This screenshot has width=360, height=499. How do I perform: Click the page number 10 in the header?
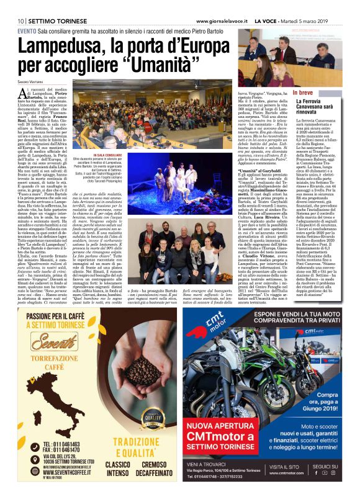coord(20,20)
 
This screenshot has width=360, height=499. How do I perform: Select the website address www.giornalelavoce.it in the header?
coord(226,20)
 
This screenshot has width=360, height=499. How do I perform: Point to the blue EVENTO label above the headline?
coord(26,30)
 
